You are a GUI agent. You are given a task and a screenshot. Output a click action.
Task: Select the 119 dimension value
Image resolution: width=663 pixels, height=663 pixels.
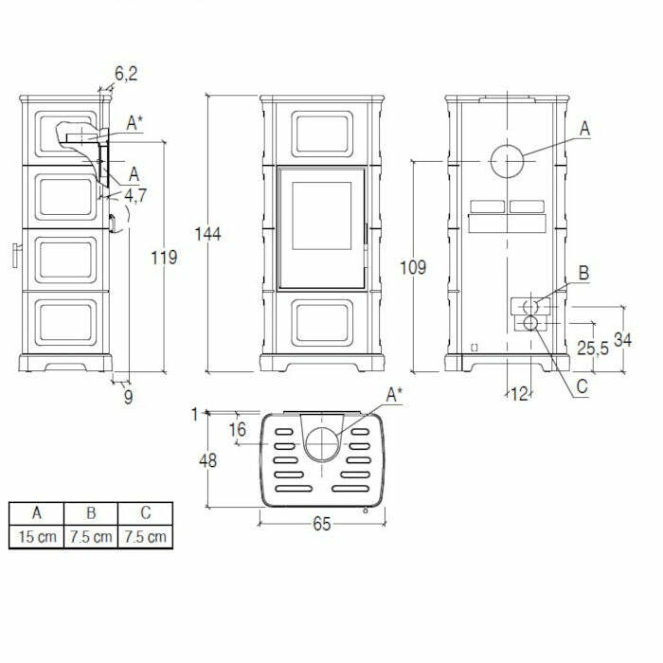click(164, 257)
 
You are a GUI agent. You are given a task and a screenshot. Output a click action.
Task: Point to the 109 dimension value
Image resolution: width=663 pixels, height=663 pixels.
click(413, 268)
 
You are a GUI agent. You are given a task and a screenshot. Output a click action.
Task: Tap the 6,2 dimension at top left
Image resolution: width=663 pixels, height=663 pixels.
click(126, 72)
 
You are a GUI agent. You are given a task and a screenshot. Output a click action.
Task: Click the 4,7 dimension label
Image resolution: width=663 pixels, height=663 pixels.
click(135, 195)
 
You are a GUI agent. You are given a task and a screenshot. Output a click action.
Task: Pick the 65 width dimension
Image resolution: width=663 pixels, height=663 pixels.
click(321, 524)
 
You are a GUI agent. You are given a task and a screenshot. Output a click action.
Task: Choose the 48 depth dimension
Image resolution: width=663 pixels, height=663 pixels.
click(208, 461)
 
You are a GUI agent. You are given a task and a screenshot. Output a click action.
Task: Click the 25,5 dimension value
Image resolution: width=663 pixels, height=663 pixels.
click(593, 348)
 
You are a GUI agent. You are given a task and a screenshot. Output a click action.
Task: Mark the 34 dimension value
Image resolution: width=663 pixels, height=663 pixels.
click(621, 340)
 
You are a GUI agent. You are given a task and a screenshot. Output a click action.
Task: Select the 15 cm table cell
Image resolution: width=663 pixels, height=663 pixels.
click(36, 537)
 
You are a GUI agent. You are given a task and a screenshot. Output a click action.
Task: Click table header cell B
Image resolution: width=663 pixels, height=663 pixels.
click(91, 513)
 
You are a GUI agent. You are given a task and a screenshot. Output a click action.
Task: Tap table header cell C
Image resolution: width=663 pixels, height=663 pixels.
click(145, 513)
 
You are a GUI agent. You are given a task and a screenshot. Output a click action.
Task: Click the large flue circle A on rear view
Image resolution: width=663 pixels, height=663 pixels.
click(508, 163)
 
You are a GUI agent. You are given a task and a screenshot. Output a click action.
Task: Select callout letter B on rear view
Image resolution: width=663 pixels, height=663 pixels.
click(583, 274)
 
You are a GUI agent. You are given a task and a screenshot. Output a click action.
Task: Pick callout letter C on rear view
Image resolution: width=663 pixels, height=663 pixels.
click(582, 385)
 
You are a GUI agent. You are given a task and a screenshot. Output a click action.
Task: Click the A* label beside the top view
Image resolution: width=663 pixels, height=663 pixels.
click(395, 395)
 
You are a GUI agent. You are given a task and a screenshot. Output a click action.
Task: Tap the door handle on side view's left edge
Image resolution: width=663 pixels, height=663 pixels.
click(16, 254)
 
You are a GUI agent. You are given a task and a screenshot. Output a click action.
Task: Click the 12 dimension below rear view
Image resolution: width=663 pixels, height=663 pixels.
click(518, 393)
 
